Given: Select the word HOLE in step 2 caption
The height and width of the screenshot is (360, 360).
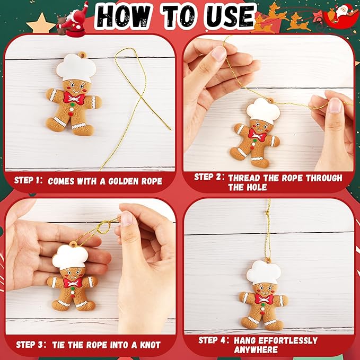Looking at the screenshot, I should tap(240, 187).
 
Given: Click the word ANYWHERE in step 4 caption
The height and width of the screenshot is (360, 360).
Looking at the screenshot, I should tap(256, 350).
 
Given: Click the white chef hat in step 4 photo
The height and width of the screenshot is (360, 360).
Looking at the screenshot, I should tap(263, 272).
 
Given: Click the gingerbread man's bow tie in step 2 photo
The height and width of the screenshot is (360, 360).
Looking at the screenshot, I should tap(256, 136).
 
